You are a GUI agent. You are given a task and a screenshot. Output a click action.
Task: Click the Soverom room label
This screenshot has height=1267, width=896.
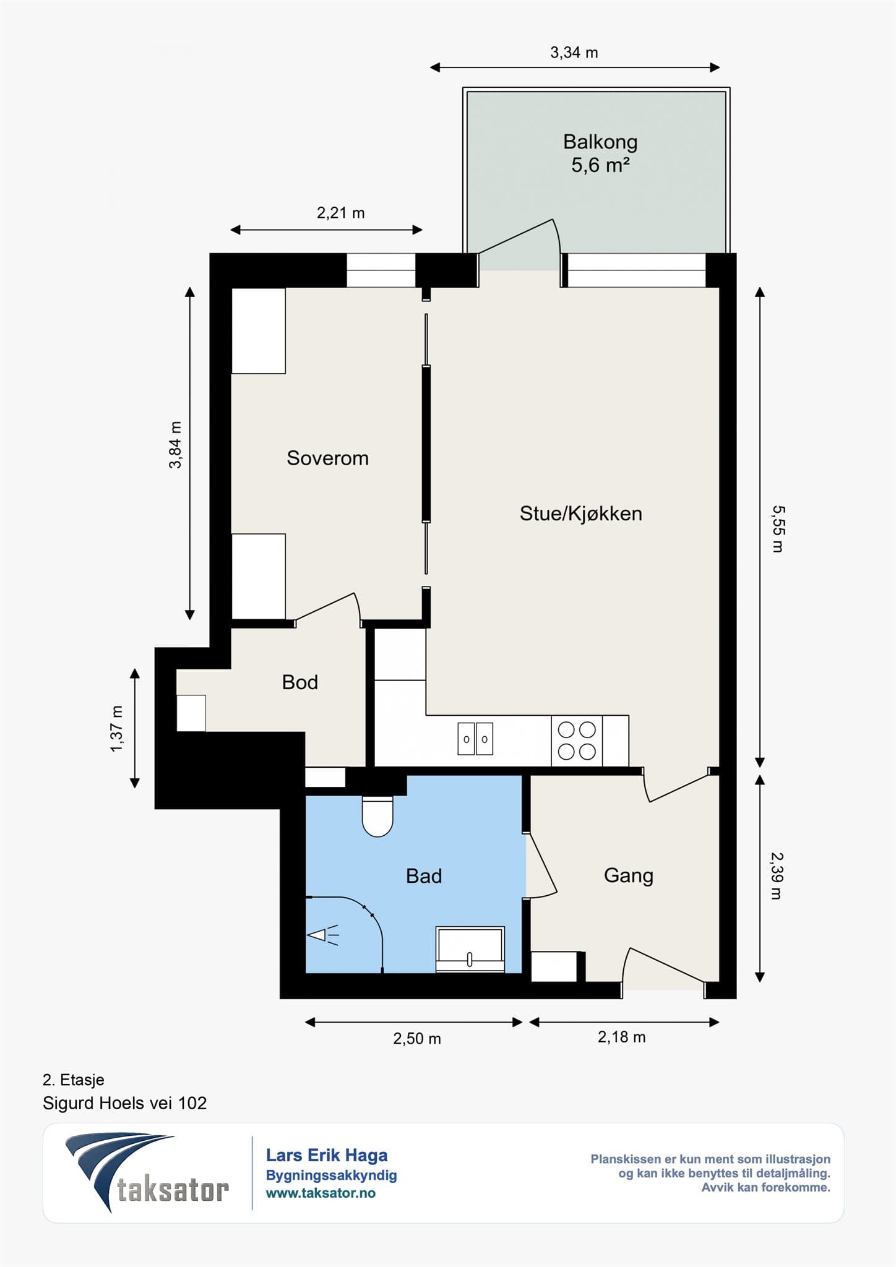(327, 458)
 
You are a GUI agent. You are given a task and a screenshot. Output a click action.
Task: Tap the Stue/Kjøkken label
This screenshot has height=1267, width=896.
(580, 513)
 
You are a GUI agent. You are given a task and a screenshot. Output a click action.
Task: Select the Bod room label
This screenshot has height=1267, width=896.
(300, 682)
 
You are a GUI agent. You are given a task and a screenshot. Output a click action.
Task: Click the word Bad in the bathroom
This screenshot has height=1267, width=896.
(424, 876)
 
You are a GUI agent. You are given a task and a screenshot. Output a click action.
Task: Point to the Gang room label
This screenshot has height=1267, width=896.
(629, 876)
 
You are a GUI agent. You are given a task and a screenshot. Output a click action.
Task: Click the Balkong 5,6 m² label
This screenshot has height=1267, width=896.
(600, 153)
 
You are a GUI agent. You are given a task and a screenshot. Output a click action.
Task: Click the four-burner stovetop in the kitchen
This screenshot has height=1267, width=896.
(577, 741)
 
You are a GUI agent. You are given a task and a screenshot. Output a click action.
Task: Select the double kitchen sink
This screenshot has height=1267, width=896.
(475, 739)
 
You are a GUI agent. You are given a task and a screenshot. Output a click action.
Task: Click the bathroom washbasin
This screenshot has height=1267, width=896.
(470, 949)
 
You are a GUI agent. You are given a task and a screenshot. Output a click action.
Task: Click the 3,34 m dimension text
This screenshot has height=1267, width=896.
(574, 53)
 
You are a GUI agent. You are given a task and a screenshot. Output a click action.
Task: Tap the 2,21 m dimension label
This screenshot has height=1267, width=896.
(340, 213)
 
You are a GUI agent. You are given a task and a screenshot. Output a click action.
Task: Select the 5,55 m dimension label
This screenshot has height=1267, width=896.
(778, 529)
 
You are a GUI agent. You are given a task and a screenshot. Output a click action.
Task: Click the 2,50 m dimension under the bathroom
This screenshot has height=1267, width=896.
(417, 1039)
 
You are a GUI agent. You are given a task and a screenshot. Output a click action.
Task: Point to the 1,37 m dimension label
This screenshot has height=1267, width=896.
(116, 729)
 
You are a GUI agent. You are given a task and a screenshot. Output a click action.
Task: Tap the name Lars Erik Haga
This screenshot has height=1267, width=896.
(327, 1155)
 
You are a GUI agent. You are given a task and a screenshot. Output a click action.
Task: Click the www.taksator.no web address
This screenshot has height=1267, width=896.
(321, 1193)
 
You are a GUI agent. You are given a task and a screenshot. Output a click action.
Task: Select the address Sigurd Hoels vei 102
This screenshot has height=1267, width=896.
(124, 1103)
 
